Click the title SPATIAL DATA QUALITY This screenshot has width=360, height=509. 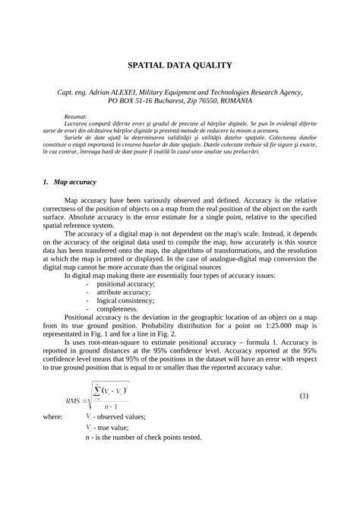(179, 65)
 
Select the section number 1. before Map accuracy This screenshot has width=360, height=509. (46, 182)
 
